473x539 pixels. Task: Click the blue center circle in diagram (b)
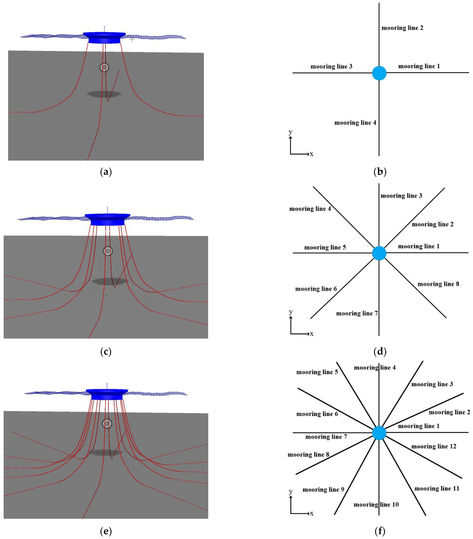pyautogui.click(x=379, y=73)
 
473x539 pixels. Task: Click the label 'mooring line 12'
pyautogui.click(x=434, y=446)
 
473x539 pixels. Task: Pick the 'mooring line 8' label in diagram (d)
pyautogui.click(x=438, y=284)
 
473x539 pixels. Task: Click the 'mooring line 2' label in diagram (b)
pyautogui.click(x=402, y=28)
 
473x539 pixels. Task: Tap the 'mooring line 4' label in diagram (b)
pyautogui.click(x=355, y=123)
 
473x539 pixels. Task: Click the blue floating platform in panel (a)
pyautogui.click(x=104, y=37)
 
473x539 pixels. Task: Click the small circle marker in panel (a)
pyautogui.click(x=104, y=67)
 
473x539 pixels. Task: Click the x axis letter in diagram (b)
pyautogui.click(x=311, y=154)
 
